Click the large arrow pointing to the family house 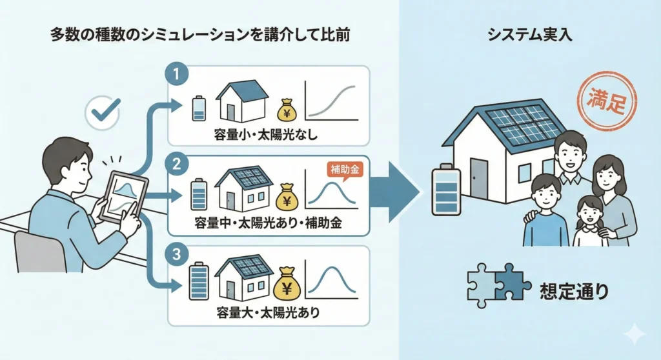click(394, 191)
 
